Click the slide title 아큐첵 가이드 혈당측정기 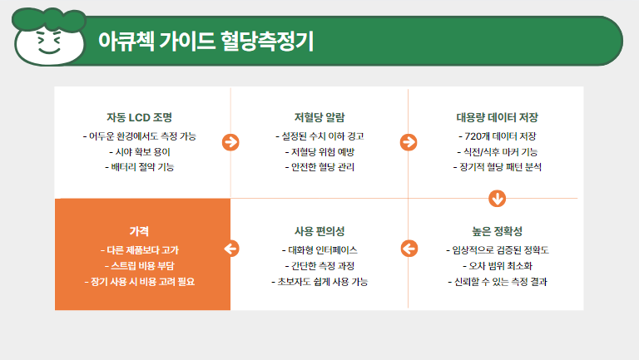click(206, 41)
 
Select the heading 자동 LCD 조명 click(140, 118)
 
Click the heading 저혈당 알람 click(319, 118)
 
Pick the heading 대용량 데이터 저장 click(498, 118)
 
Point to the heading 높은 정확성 click(498, 231)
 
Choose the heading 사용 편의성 click(319, 231)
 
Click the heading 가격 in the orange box click(139, 231)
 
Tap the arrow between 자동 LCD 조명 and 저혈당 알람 click(230, 142)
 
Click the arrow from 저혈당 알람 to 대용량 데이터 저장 click(409, 142)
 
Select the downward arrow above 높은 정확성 click(498, 199)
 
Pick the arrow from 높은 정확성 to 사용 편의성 click(409, 249)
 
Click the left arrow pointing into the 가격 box click(231, 249)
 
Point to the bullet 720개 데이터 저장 click(498, 136)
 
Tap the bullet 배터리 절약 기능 click(140, 167)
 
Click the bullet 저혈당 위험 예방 click(319, 152)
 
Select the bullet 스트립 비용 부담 click(140, 266)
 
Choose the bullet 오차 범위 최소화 click(498, 266)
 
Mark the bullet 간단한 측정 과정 click(319, 266)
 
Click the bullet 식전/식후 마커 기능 click(498, 152)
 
